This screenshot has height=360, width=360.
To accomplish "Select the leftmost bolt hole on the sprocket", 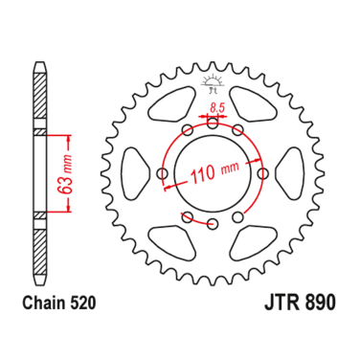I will click(x=162, y=174).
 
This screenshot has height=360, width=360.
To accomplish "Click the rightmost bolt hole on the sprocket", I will click(x=262, y=174).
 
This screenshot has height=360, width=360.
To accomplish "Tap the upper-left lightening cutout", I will click(x=171, y=104).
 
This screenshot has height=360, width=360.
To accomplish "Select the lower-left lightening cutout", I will click(x=171, y=244).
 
